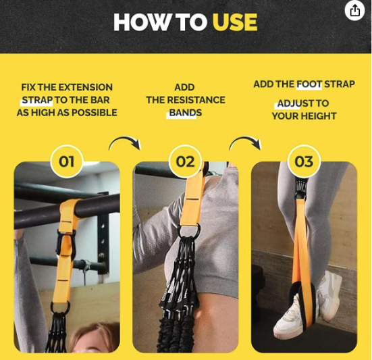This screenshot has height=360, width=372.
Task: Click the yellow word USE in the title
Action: tap(234, 22)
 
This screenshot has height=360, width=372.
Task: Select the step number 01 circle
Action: tap(66, 162)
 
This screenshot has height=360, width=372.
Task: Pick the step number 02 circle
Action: tap(185, 162)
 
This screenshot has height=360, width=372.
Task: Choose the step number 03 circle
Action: tap(304, 162)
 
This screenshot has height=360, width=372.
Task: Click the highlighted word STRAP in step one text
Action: tap(36, 100)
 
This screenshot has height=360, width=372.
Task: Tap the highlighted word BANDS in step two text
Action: tap(185, 113)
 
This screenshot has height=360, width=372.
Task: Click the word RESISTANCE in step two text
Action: tap(196, 100)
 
